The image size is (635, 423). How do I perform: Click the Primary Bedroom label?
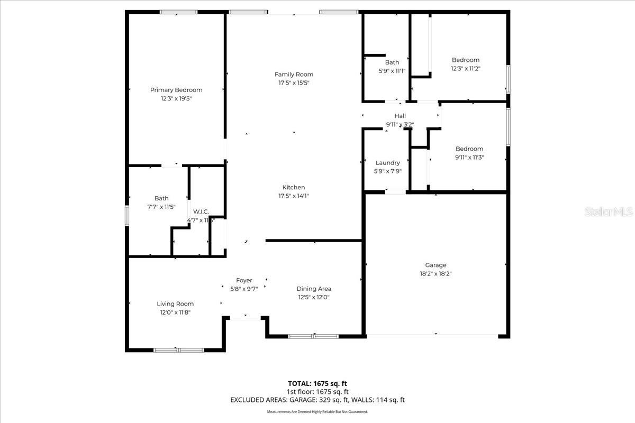click(x=176, y=90)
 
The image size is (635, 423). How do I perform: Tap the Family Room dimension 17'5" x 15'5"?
click(x=294, y=83)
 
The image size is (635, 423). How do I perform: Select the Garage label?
click(x=436, y=265)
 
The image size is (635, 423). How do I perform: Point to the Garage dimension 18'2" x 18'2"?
click(x=436, y=274)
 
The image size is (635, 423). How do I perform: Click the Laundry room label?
click(x=388, y=163)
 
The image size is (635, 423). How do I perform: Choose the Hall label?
click(x=400, y=116)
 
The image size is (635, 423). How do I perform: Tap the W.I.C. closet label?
click(x=201, y=212)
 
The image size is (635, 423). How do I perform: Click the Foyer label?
click(x=244, y=280)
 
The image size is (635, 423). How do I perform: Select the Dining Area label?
click(x=314, y=289)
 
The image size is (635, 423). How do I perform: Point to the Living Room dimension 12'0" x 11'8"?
click(x=175, y=312)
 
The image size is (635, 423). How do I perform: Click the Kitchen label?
click(x=294, y=187)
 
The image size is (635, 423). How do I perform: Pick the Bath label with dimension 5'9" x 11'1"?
click(x=392, y=62)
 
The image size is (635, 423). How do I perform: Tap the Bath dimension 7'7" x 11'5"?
click(x=162, y=207)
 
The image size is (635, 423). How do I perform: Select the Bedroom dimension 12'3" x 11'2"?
click(x=466, y=68)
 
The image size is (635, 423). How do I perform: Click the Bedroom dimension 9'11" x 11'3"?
click(x=469, y=157)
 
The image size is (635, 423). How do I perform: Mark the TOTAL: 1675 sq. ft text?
click(x=317, y=383)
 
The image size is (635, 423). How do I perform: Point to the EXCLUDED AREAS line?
click(x=317, y=400)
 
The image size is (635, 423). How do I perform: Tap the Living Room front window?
click(x=178, y=350)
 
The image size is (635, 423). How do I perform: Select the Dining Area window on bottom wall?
click(x=313, y=336)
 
